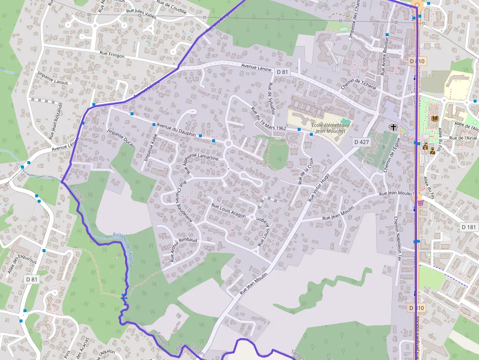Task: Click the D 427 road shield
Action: tap(362, 142)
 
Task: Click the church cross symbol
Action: tap(393, 127)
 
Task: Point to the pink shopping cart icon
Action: tap(420, 202)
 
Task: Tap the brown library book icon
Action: tap(435, 118)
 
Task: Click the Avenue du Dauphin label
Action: tap(176, 130)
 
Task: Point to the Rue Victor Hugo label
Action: tap(319, 187)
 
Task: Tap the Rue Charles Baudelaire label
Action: tap(185, 203)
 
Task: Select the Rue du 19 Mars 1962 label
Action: tap(268, 119)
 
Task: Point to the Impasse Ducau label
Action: tap(121, 140)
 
